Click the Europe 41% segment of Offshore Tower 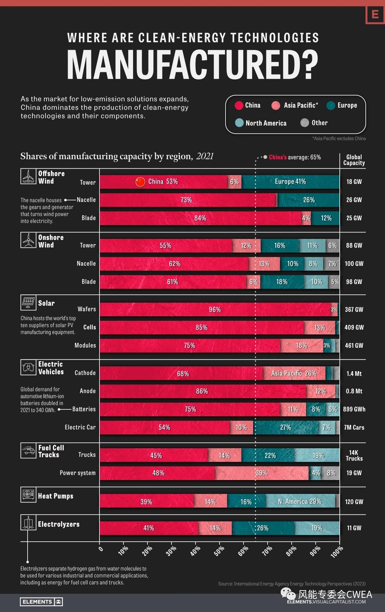tap(290, 182)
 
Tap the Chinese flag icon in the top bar tap(140, 182)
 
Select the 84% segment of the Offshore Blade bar tap(200, 218)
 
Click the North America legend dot tap(239, 123)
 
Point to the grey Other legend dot tap(304, 123)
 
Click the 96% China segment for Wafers tap(215, 310)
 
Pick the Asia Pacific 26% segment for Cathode tap(294, 373)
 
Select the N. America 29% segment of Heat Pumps tap(300, 502)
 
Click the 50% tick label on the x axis tap(219, 551)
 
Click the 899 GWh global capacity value tap(354, 409)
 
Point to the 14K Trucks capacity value tap(354, 456)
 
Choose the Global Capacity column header tap(354, 160)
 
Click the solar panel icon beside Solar tap(28, 302)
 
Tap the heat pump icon tap(28, 494)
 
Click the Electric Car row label tap(80, 427)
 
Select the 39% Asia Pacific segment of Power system tap(261, 473)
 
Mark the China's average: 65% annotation tap(295, 157)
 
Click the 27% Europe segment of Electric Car tap(286, 428)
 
